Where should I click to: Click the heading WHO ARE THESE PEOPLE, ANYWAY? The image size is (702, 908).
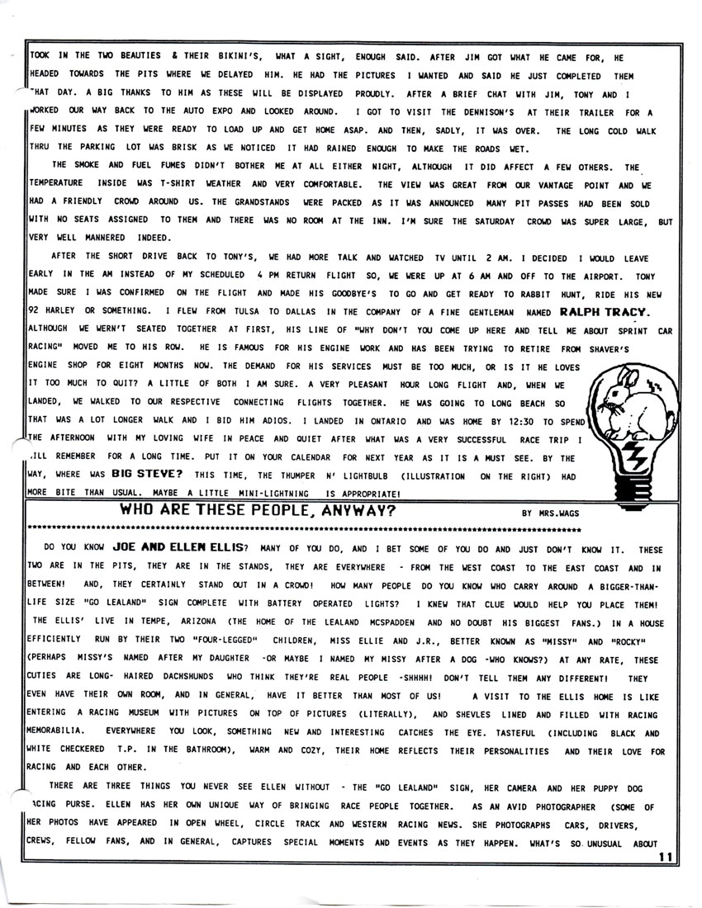pyautogui.click(x=256, y=510)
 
